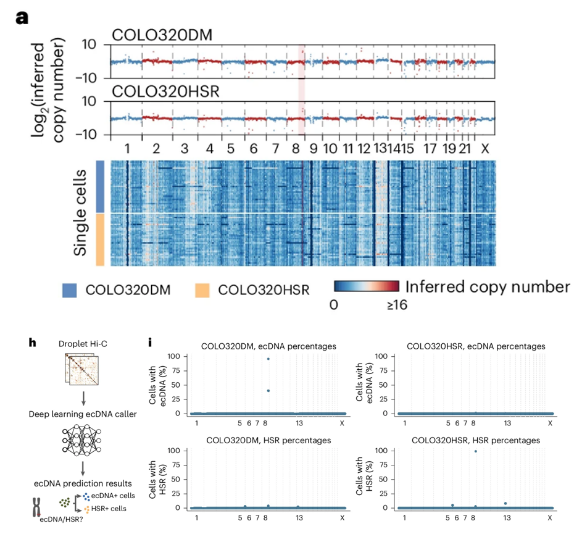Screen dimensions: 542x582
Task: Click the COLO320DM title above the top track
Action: [x=162, y=35]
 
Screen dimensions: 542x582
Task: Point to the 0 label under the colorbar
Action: [x=334, y=304]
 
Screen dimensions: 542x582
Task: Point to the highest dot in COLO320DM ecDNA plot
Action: [x=268, y=359]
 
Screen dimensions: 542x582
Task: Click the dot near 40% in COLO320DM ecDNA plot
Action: [x=268, y=390]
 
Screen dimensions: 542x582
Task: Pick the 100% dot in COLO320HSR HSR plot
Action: [x=475, y=451]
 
